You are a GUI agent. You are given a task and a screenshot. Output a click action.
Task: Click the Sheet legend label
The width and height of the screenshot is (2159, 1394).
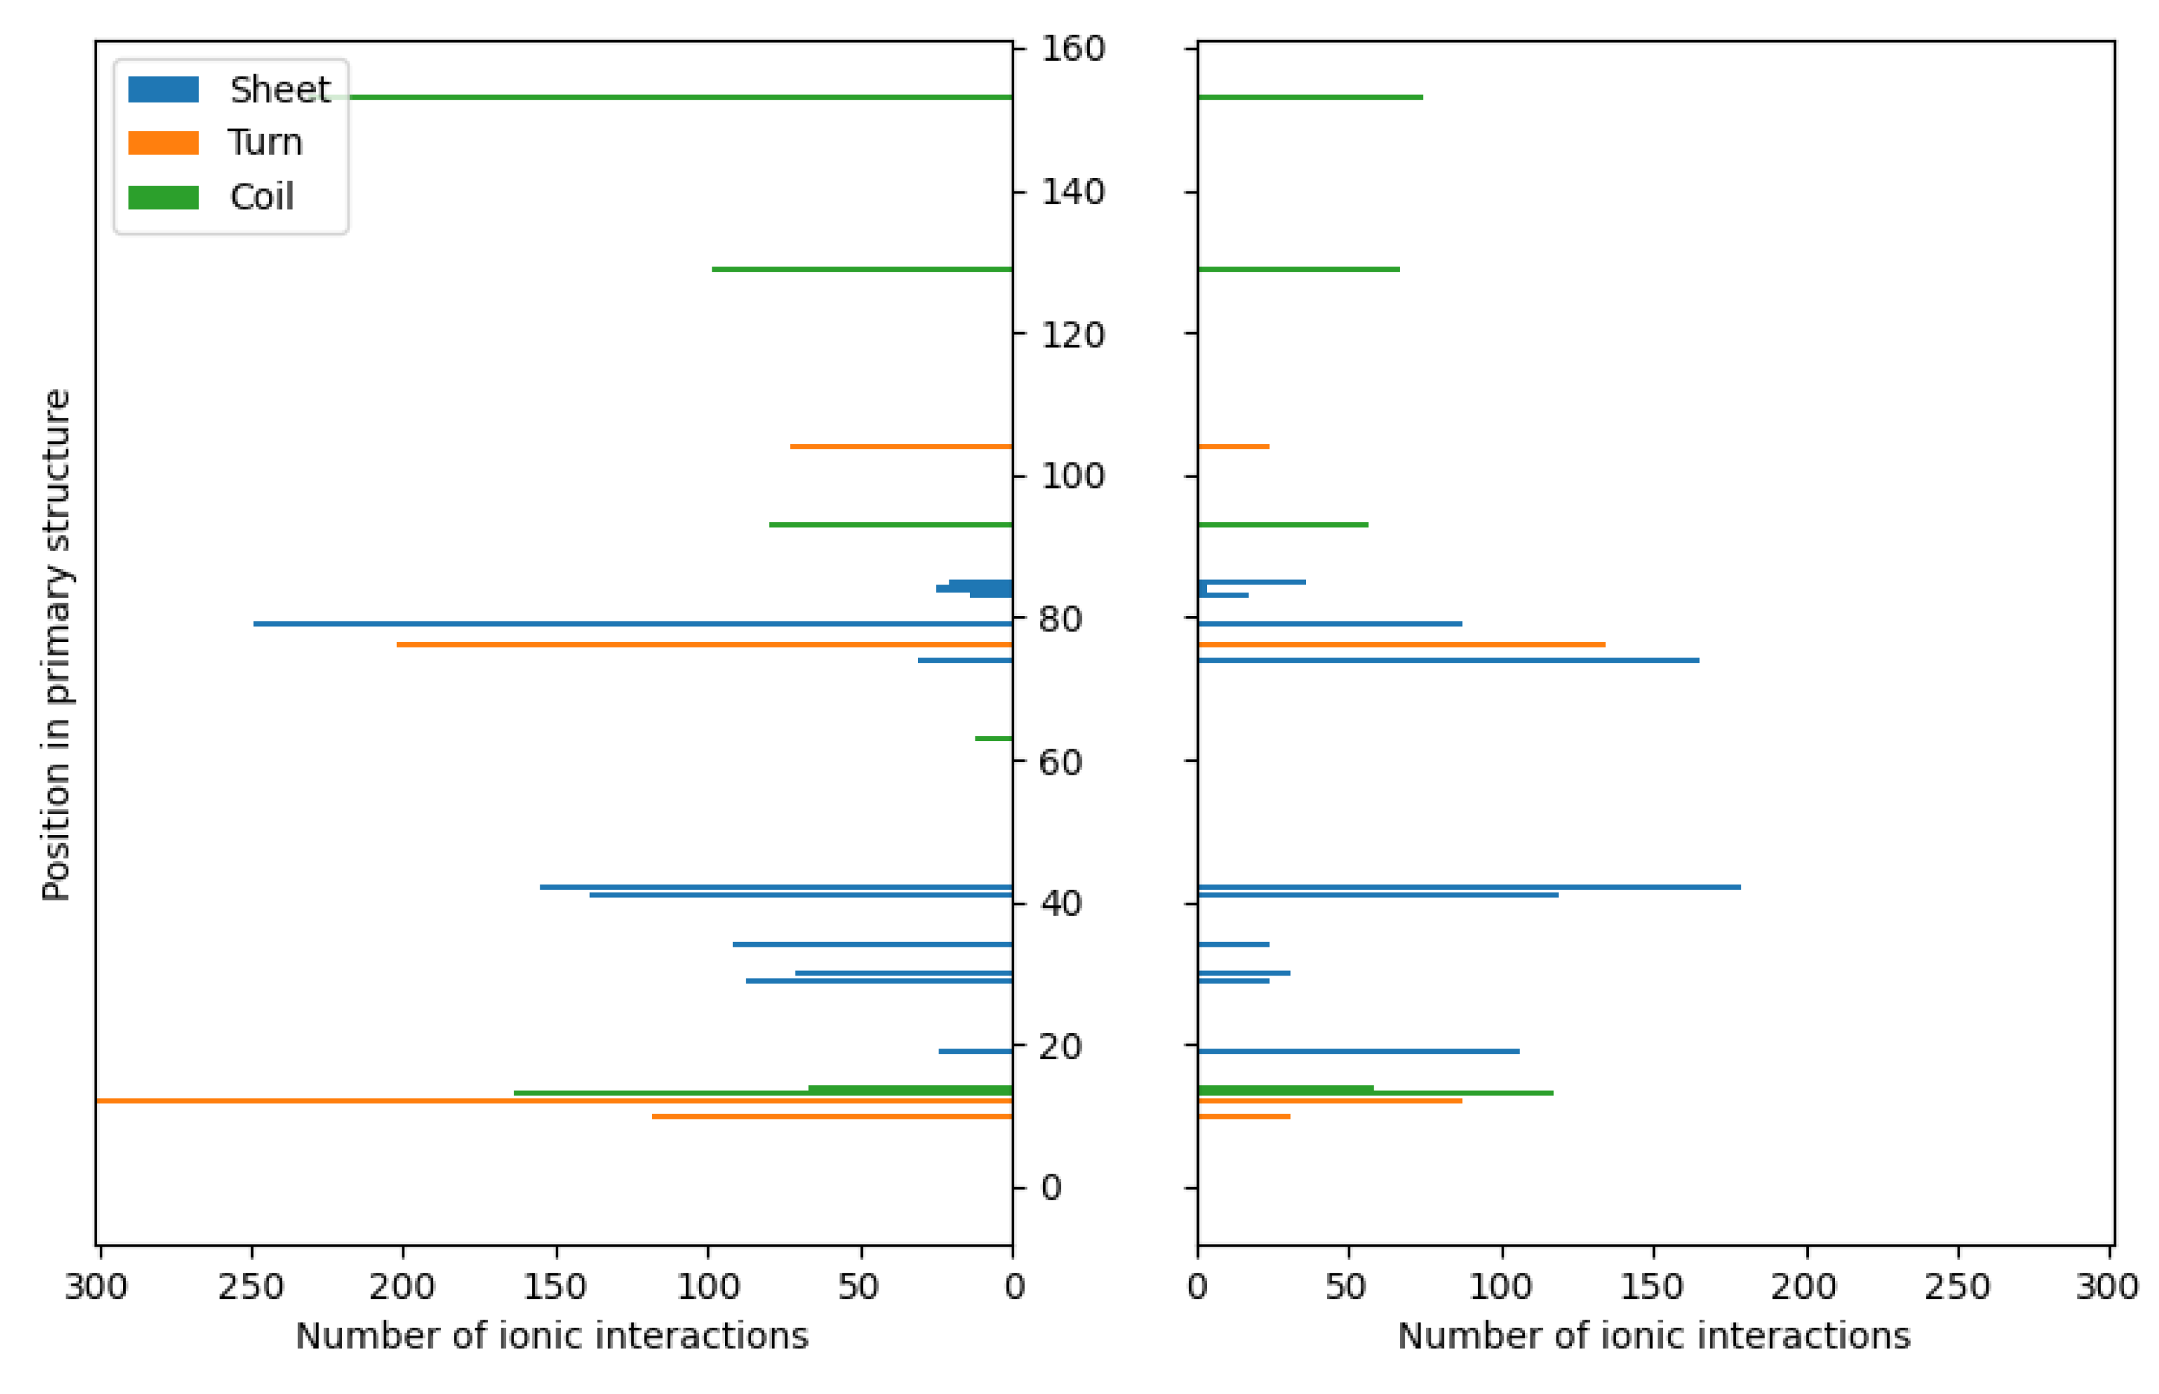click(x=278, y=90)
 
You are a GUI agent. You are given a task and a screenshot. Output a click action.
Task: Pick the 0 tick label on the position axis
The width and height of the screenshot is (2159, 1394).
click(x=1050, y=1188)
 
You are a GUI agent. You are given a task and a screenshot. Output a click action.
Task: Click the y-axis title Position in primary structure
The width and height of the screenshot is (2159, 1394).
click(x=56, y=645)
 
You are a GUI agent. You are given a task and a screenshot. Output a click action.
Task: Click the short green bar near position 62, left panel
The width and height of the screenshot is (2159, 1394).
click(x=993, y=739)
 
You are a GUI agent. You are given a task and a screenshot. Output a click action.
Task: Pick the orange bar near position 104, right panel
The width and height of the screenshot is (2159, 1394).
click(x=1232, y=447)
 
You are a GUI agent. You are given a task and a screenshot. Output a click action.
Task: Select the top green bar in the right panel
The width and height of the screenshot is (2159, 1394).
click(x=1309, y=97)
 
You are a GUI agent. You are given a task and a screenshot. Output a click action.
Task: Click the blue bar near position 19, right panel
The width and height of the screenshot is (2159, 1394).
click(x=1357, y=1051)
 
